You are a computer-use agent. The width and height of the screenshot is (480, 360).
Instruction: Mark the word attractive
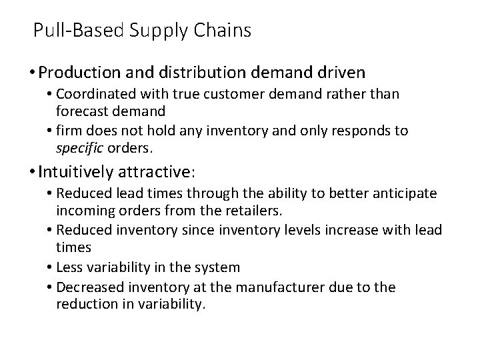(159, 172)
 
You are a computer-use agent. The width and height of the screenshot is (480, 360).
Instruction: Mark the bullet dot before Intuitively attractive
(32, 172)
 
